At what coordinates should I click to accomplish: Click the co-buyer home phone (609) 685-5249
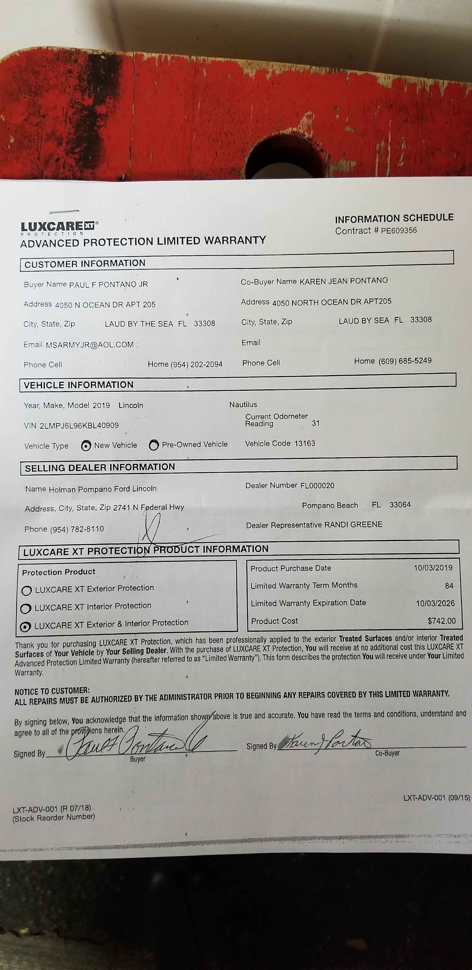coord(405,361)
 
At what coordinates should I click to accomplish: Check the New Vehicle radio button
coord(86,446)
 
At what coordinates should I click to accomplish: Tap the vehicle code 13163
coord(305,443)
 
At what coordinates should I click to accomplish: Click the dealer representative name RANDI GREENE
coord(353,524)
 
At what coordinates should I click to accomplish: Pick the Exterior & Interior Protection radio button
coord(25,627)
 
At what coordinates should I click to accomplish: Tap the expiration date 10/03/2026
coord(435,603)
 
